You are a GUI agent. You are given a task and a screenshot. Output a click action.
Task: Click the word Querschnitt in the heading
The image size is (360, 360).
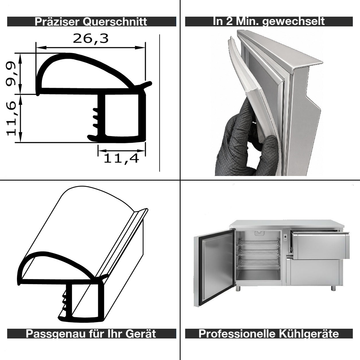click(115, 22)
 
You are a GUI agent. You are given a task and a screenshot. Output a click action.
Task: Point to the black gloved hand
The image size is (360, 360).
click(247, 142)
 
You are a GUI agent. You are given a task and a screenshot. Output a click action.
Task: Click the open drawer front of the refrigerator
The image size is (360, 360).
click(321, 246)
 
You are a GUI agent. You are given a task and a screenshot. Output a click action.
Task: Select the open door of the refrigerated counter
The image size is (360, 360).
click(214, 268)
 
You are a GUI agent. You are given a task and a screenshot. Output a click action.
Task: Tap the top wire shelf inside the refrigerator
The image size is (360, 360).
click(259, 243)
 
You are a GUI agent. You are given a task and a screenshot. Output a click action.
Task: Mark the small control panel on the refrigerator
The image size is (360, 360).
click(285, 237)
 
